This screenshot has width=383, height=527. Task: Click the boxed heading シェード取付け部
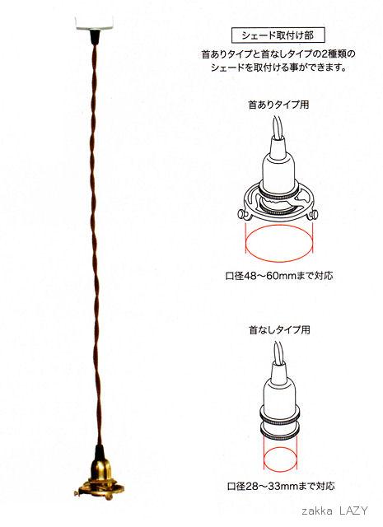[278, 35]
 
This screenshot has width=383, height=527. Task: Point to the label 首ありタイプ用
[278, 105]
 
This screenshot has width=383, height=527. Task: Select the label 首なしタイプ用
[279, 329]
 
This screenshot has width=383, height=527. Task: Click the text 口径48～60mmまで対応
[279, 276]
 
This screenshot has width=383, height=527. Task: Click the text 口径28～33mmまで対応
[281, 486]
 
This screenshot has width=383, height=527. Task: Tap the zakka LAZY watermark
[335, 511]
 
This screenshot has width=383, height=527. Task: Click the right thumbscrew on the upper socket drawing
[315, 214]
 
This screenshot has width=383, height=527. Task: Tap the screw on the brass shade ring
[78, 492]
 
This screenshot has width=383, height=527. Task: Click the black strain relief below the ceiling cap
[94, 37]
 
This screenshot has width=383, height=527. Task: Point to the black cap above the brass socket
[99, 452]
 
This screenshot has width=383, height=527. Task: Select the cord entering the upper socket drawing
[278, 128]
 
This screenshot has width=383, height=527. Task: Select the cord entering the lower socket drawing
[279, 352]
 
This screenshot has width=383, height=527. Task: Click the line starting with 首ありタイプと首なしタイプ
[278, 54]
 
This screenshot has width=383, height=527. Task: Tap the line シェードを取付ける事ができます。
[278, 68]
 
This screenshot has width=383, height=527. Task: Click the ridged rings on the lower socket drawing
[280, 420]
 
